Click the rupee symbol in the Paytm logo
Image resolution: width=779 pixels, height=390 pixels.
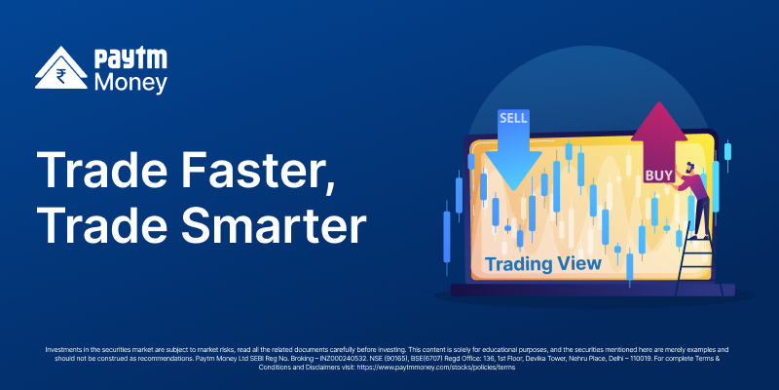coord(61,76)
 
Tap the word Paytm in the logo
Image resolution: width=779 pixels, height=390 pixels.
coord(130,59)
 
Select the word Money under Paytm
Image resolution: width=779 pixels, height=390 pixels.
coord(130,83)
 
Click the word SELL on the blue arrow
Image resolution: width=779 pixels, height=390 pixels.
coord(513,118)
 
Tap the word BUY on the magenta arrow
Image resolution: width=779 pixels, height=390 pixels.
coord(659,175)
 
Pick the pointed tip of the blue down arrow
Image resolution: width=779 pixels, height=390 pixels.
coord(513,189)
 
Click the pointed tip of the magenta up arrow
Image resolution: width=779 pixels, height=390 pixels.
coord(659,102)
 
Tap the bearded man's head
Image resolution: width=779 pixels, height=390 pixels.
coord(689,169)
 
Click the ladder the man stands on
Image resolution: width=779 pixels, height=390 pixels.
coord(694,263)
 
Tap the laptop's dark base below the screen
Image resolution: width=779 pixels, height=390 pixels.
coord(592,290)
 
